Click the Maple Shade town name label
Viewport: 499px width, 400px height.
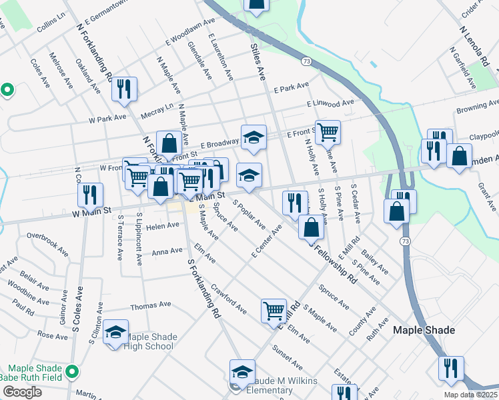[x=424, y=330]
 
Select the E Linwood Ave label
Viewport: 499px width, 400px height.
[x=330, y=104]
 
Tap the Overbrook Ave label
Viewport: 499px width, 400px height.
[x=47, y=236]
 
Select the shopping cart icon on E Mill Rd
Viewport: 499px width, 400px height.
[x=274, y=311]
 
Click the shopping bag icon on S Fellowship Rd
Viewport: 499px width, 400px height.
[x=311, y=227]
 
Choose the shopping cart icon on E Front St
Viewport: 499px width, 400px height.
[x=328, y=132]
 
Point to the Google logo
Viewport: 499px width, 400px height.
[x=22, y=392]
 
